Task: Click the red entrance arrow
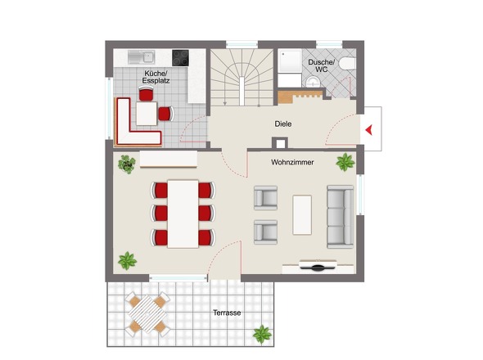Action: (369, 129)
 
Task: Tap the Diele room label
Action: (283, 124)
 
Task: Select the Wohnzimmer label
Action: (292, 162)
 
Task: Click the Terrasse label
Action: (227, 313)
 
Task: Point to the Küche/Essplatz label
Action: (156, 77)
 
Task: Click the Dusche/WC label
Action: (321, 66)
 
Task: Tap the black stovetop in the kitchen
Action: (180, 58)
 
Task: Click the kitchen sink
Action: (141, 57)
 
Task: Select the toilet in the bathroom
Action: (347, 64)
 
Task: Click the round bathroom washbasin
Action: (314, 82)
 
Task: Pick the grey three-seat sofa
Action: (340, 217)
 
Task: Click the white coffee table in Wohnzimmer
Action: (302, 214)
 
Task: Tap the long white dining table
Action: (183, 214)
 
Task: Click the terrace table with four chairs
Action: (147, 314)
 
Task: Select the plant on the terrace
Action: (262, 334)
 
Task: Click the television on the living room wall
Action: (318, 265)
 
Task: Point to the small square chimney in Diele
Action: (280, 142)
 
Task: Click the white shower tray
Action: (290, 61)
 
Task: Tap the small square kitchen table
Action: (147, 114)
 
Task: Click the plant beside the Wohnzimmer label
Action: (345, 162)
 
